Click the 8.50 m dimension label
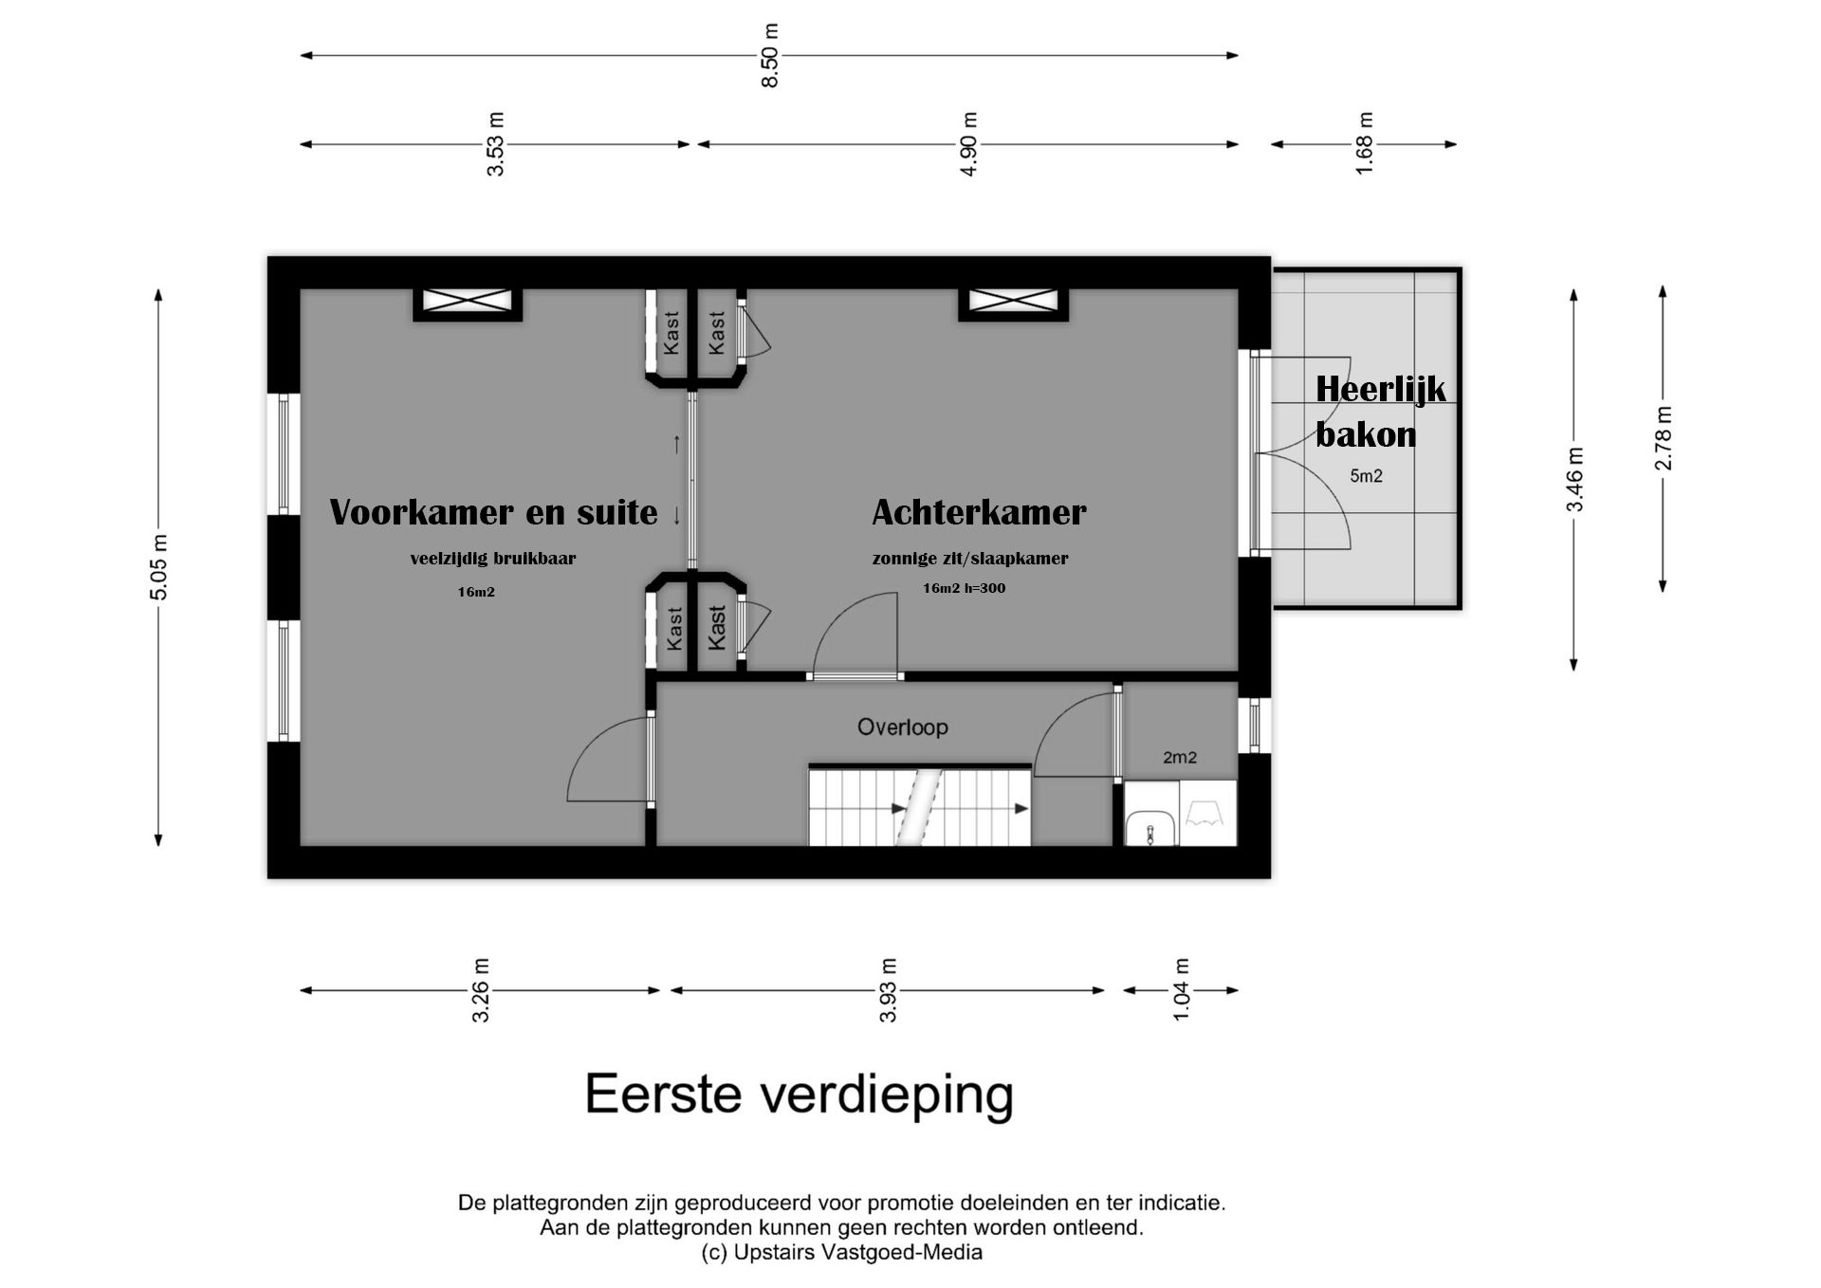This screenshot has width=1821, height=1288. point(770,56)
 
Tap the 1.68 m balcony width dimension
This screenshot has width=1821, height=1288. point(1364,144)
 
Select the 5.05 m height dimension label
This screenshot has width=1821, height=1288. point(158,567)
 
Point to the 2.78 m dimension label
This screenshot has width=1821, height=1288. point(1664,438)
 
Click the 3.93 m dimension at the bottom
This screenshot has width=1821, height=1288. point(888,990)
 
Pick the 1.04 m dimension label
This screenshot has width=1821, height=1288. point(1181,990)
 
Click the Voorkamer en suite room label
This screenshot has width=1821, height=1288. point(493,512)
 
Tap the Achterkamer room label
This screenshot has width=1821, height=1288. point(979,512)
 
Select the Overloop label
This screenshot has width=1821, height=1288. point(902,727)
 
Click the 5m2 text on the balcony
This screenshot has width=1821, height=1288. point(1366,476)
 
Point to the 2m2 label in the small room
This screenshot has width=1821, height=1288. point(1179,758)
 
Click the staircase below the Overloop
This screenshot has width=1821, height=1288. point(918,807)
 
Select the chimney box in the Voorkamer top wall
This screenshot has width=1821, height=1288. point(468,302)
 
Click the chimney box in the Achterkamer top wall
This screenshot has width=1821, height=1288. point(1013,302)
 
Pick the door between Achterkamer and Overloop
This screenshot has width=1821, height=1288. point(855,635)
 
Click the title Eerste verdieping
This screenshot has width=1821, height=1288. point(799,1095)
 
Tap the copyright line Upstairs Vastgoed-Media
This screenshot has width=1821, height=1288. point(841,1253)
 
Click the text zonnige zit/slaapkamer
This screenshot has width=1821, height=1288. point(969,559)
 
